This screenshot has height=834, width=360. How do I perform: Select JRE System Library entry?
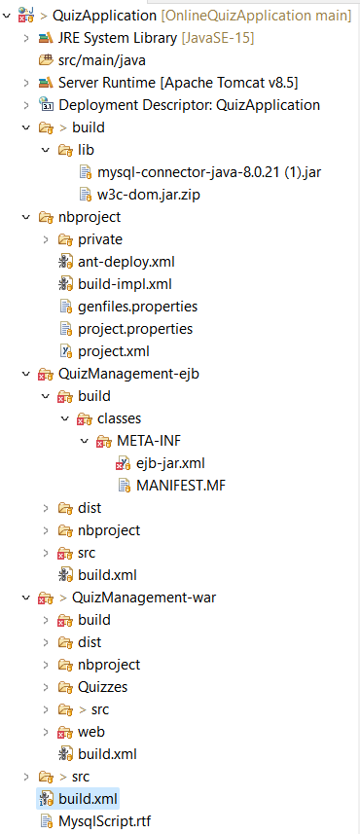point(117,38)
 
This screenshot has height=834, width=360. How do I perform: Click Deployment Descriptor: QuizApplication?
point(189,105)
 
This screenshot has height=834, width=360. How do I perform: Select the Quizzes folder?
point(102,687)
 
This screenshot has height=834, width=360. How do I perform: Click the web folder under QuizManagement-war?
point(92,732)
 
